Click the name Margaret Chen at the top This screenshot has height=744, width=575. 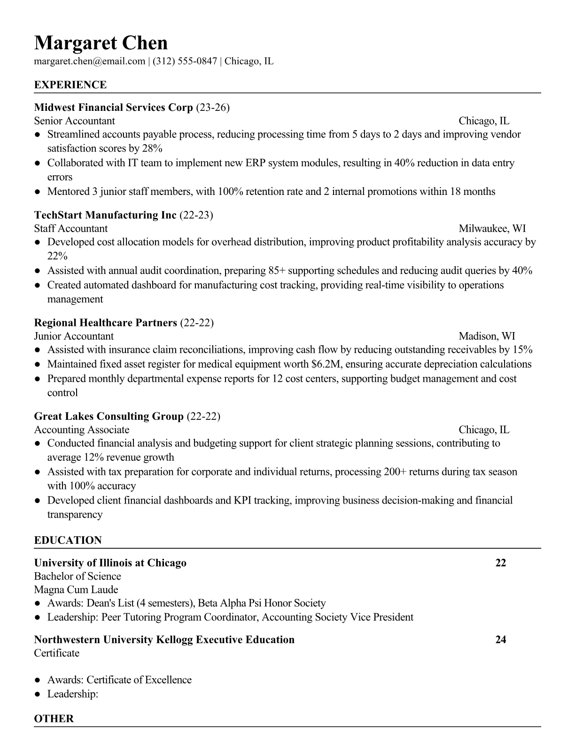pos(101,43)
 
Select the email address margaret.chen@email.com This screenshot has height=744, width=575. pos(89,61)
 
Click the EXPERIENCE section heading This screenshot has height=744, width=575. pos(70,85)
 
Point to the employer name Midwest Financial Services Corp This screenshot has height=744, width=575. pos(113,108)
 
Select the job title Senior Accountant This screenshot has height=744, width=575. pos(74,121)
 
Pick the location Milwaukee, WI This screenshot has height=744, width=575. pos(492,229)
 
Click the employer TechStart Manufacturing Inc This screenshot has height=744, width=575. pos(105,215)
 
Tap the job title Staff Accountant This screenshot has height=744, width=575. pos(70,229)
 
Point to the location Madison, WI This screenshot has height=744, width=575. pos(487,336)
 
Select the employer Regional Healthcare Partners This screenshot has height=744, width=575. pos(105,323)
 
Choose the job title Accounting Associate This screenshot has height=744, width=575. pos(81,430)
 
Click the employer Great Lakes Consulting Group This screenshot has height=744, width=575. pos(109,416)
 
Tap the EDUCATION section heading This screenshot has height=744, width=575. pos(68,540)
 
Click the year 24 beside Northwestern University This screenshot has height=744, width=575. pos(500,640)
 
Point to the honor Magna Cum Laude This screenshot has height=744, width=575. pos(76,589)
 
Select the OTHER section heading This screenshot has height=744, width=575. pos(54,719)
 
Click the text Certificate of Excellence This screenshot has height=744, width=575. pos(139,680)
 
